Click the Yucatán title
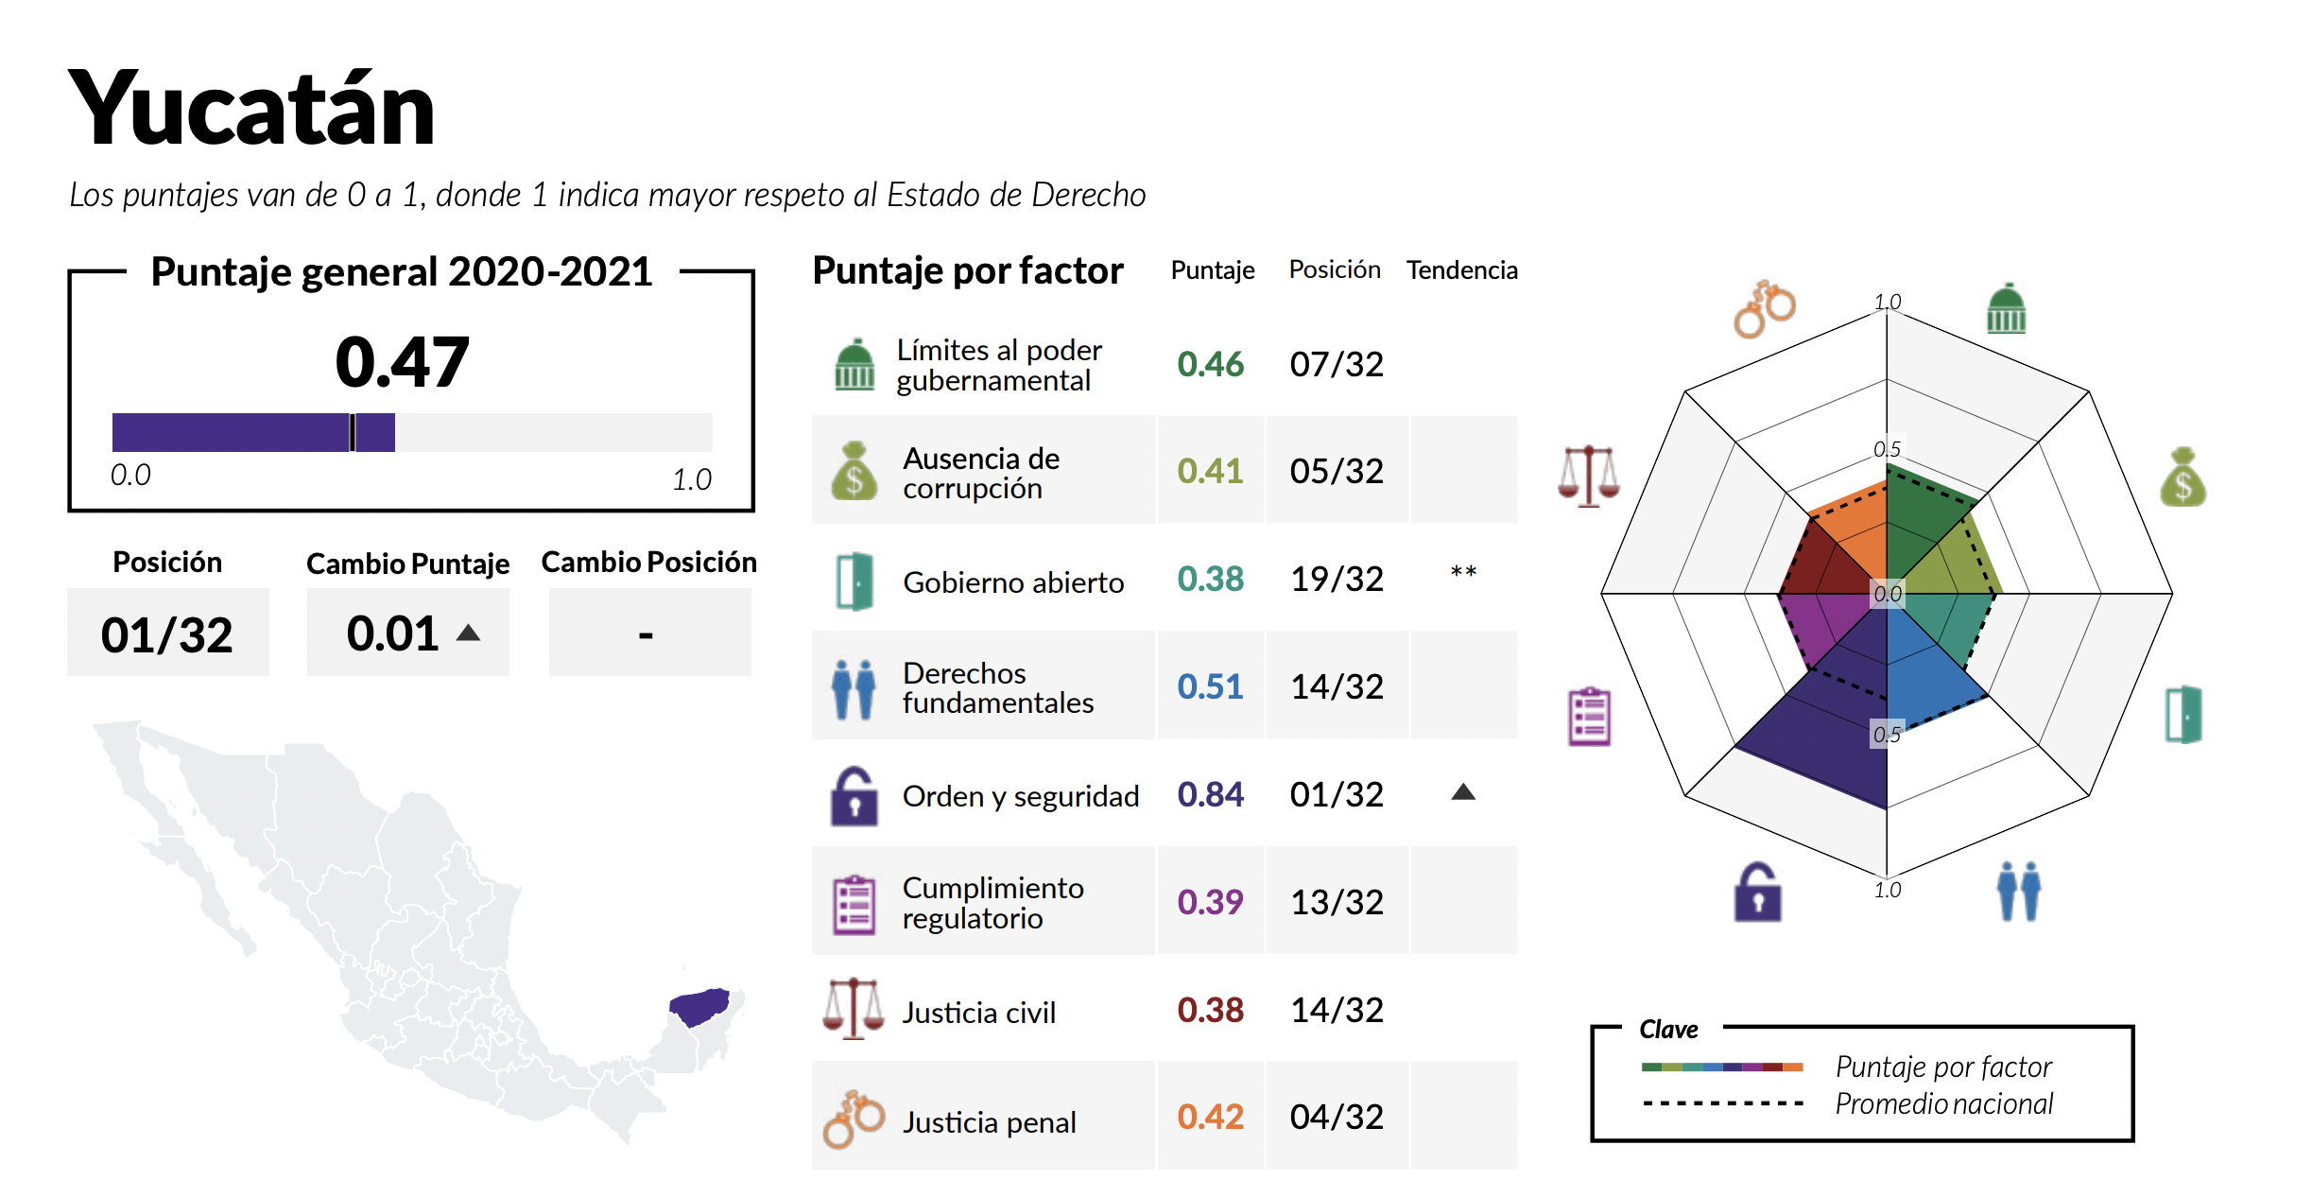251,110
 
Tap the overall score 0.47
402,362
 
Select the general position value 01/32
167,634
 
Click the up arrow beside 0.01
468,633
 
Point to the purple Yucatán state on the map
699,1006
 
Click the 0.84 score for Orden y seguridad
1210,795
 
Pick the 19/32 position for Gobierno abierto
1337,579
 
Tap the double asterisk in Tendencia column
1463,572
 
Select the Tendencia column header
1461,270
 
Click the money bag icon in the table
854,471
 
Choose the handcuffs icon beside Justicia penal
854,1119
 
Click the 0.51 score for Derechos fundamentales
1210,686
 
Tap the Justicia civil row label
978,1013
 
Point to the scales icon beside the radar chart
1589,476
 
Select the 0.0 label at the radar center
1888,594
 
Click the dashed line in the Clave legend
1723,1103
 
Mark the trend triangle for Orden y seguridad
1463,792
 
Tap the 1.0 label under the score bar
692,480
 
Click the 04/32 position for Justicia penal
1337,1117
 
